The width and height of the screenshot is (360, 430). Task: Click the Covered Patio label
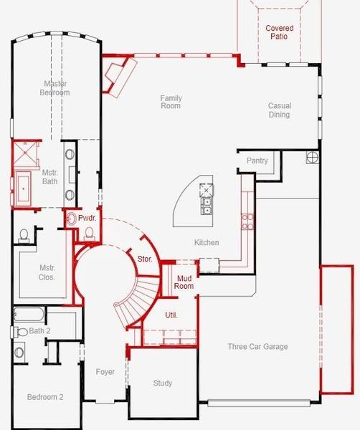pos(279,32)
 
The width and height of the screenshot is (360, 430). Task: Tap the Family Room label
pos(171,102)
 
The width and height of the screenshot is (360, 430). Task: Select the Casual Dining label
pos(279,110)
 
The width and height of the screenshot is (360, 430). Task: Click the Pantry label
pos(257,161)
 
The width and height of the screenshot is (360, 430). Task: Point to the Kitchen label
pos(207,243)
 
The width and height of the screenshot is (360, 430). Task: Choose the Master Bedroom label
pos(55,88)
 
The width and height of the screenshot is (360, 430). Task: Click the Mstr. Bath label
pos(49,176)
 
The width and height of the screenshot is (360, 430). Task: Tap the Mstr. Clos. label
pos(47,272)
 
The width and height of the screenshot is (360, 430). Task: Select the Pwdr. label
pos(87,217)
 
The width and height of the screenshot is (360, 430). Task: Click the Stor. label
pos(144,258)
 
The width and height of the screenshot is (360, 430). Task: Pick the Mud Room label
pos(184,282)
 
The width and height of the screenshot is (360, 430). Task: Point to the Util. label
pos(171,315)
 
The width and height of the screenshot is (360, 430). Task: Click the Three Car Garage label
pos(257,347)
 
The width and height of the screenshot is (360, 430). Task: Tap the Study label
pos(163,383)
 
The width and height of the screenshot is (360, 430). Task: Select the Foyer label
pos(105,372)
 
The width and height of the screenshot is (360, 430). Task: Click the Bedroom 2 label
pos(45,397)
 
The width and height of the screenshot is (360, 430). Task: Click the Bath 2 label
pos(39,331)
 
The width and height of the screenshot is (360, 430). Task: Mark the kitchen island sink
pos(207,206)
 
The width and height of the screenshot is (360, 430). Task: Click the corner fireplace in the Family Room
pos(118,75)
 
